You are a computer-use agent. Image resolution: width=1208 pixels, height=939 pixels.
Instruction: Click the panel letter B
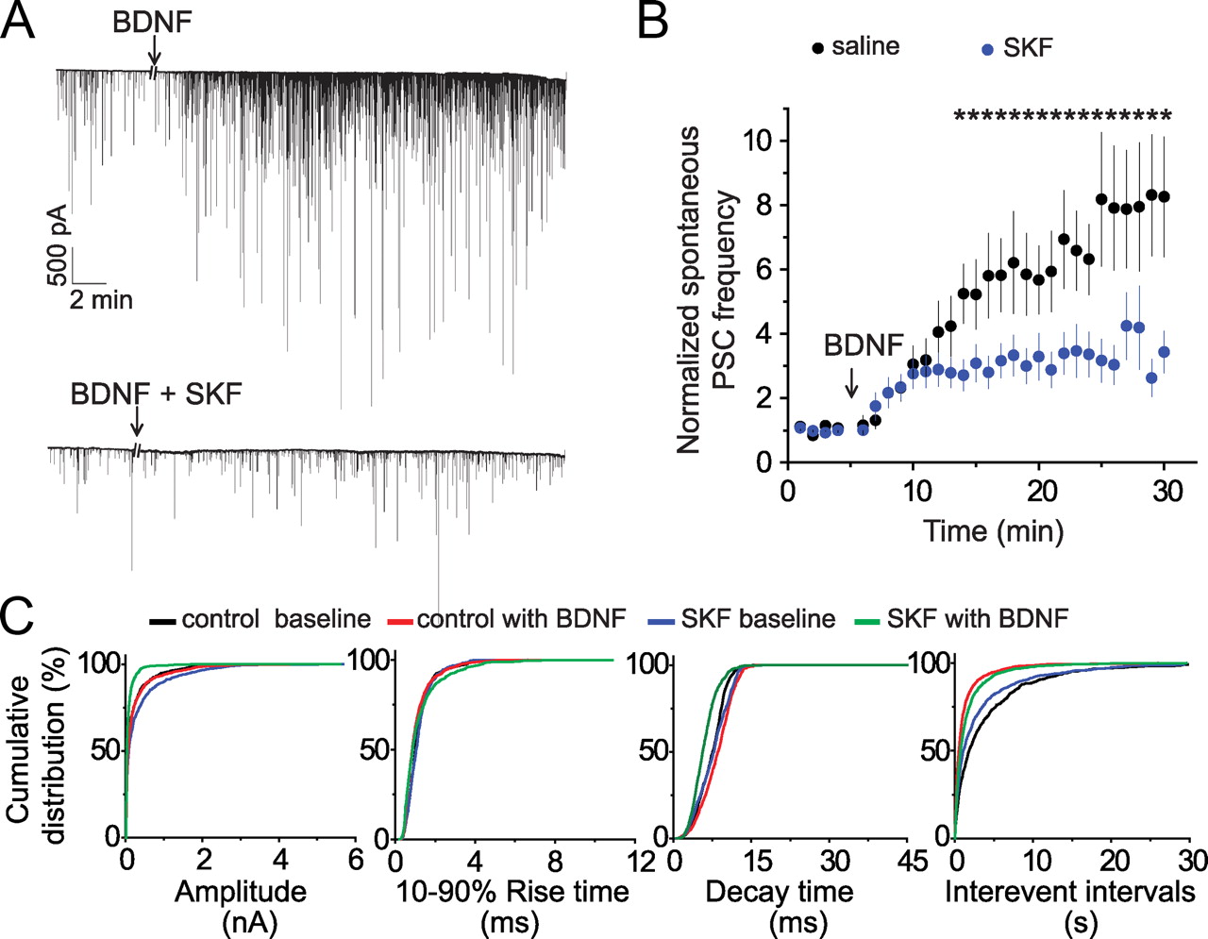[x=652, y=21]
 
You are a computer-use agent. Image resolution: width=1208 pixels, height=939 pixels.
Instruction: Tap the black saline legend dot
[x=818, y=48]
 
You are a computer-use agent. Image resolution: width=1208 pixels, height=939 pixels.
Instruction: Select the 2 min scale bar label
[x=101, y=301]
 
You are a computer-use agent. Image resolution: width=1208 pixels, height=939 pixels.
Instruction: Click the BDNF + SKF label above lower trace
[x=156, y=393]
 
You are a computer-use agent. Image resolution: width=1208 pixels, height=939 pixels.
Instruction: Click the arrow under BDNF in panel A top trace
[x=155, y=56]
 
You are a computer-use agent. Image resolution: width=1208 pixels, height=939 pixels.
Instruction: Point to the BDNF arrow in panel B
[x=851, y=382]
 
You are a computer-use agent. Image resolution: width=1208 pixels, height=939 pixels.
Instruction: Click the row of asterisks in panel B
[x=1062, y=118]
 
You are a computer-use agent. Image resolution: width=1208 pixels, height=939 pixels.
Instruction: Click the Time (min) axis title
[x=993, y=530]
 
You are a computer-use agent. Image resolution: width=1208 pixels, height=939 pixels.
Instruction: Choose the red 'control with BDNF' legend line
[x=400, y=621]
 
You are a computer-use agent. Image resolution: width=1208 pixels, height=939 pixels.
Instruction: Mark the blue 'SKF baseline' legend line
[x=662, y=621]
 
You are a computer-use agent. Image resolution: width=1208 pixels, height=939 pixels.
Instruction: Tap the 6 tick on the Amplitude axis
[x=356, y=860]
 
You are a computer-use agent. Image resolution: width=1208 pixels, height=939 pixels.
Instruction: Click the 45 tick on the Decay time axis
[x=913, y=861]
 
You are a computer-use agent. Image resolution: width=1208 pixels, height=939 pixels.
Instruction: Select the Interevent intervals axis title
[x=1070, y=892]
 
